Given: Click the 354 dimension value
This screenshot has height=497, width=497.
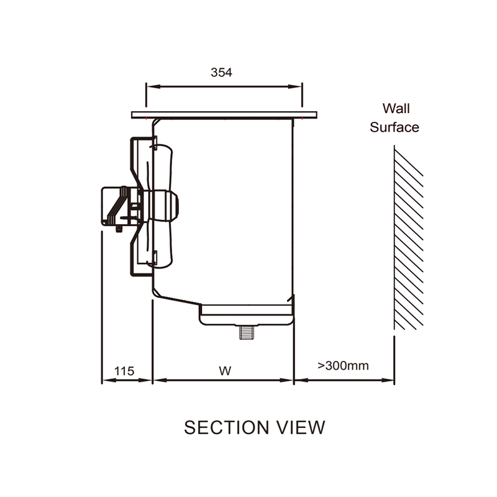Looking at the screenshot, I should coord(221,72).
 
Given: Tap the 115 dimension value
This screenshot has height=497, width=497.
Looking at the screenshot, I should coord(124,371).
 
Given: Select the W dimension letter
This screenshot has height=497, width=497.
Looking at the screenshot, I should coord(225,371).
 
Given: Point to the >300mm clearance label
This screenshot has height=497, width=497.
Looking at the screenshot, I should coord(343,365).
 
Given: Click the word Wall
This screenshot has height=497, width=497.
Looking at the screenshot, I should coord(396,109).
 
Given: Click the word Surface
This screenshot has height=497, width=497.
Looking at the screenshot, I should coord(394,127).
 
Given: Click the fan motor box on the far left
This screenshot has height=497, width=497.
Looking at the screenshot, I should coord(112,205).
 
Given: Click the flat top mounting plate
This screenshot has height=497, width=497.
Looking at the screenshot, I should coord(224,114).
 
